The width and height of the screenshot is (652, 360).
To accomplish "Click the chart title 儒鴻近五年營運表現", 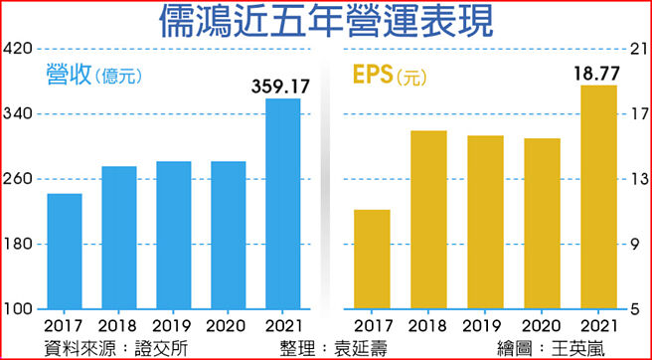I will [x=325, y=22].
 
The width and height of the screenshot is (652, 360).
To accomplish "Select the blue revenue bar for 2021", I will [x=283, y=203].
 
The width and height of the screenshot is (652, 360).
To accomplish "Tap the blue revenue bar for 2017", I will [x=65, y=251].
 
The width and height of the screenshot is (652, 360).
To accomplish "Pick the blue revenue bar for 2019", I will [x=174, y=235].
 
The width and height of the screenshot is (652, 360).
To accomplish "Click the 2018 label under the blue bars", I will [x=119, y=325].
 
